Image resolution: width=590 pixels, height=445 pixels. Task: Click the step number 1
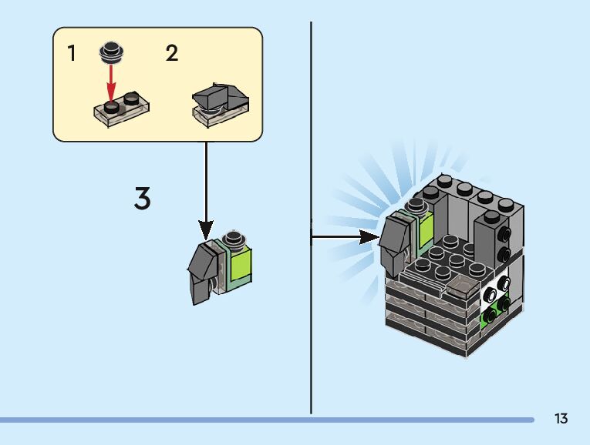[x=72, y=54]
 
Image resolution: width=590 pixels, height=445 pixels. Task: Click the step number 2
[x=171, y=54]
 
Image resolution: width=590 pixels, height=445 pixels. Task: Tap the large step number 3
[x=142, y=199]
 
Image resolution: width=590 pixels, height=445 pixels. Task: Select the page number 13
[x=561, y=419]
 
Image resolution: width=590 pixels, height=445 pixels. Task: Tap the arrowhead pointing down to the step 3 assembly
[x=206, y=229]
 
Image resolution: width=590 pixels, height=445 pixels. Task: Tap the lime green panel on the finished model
[x=425, y=230]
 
